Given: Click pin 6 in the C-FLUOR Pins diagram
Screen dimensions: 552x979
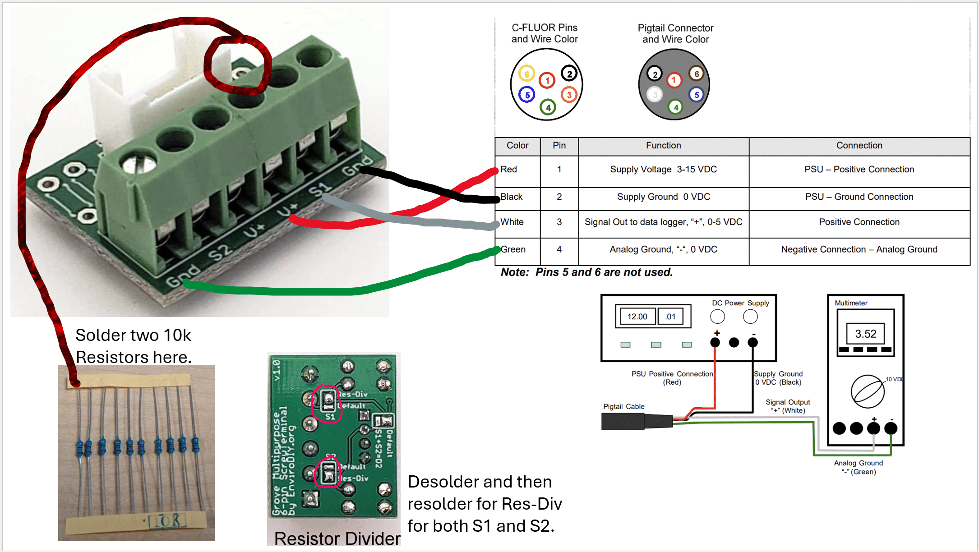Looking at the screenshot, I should pos(526,74).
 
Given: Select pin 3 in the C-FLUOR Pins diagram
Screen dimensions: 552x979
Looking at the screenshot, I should pos(569,95).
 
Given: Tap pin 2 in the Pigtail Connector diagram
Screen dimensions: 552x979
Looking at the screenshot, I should pos(655,74).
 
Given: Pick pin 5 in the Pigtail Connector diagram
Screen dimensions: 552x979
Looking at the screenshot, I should pos(697,95).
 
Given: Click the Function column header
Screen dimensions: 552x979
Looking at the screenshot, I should pos(663,146).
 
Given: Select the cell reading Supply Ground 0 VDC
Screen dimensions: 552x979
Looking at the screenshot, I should pos(663,197).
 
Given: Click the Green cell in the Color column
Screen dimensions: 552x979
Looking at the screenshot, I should pos(513,249).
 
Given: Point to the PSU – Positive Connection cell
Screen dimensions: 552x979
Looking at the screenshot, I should pos(859,170).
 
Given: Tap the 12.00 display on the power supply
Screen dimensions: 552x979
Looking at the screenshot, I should pos(637,317).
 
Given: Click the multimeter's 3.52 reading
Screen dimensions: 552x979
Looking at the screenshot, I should pos(865,334).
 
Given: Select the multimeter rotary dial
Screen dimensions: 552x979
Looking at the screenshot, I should pos(867,391).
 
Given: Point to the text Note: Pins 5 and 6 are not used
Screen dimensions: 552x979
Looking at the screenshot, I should pos(586,272).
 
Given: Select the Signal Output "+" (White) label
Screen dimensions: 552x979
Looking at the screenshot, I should pos(788,406).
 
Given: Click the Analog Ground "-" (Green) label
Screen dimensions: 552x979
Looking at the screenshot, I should pos(858,467).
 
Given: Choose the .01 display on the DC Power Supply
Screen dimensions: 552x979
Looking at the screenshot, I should pos(670,317).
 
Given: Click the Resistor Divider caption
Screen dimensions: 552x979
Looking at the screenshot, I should pos(337,538).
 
